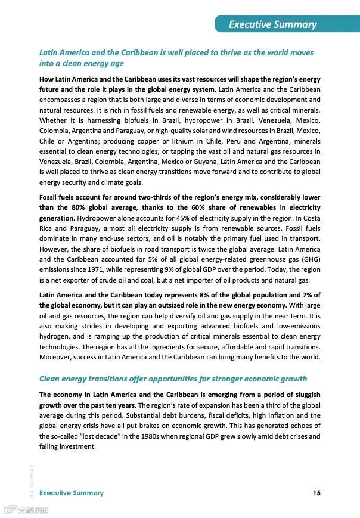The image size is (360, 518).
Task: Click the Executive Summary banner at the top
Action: click(x=272, y=24)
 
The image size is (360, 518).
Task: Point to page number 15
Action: click(x=316, y=493)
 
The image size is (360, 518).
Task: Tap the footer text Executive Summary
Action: click(x=72, y=493)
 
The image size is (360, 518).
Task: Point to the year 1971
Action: click(x=90, y=270)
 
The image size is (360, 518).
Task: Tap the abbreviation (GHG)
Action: click(x=309, y=259)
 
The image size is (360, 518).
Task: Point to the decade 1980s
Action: click(x=148, y=436)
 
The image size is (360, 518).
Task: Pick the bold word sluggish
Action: click(x=305, y=395)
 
